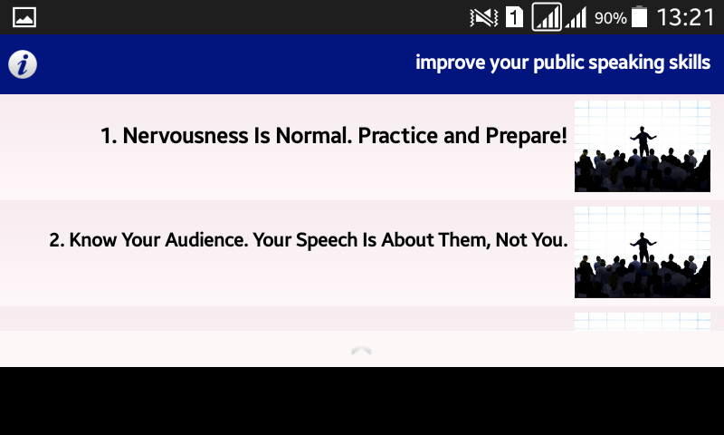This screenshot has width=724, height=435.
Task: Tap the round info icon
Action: click(23, 64)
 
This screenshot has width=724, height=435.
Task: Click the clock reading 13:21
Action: click(686, 17)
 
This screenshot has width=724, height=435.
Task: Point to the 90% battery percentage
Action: click(610, 18)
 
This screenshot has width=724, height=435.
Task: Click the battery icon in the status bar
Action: click(639, 16)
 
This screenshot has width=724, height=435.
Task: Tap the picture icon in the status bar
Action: click(24, 17)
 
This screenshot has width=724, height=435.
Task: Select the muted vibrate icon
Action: click(483, 17)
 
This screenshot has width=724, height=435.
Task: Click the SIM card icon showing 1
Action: click(514, 17)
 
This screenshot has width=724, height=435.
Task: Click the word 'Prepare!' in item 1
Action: click(526, 136)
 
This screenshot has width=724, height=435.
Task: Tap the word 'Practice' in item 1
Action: click(398, 135)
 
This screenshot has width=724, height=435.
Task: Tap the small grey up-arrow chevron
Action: click(361, 351)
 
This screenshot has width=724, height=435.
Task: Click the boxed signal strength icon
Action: click(547, 17)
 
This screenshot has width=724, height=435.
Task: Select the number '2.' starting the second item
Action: click(57, 240)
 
